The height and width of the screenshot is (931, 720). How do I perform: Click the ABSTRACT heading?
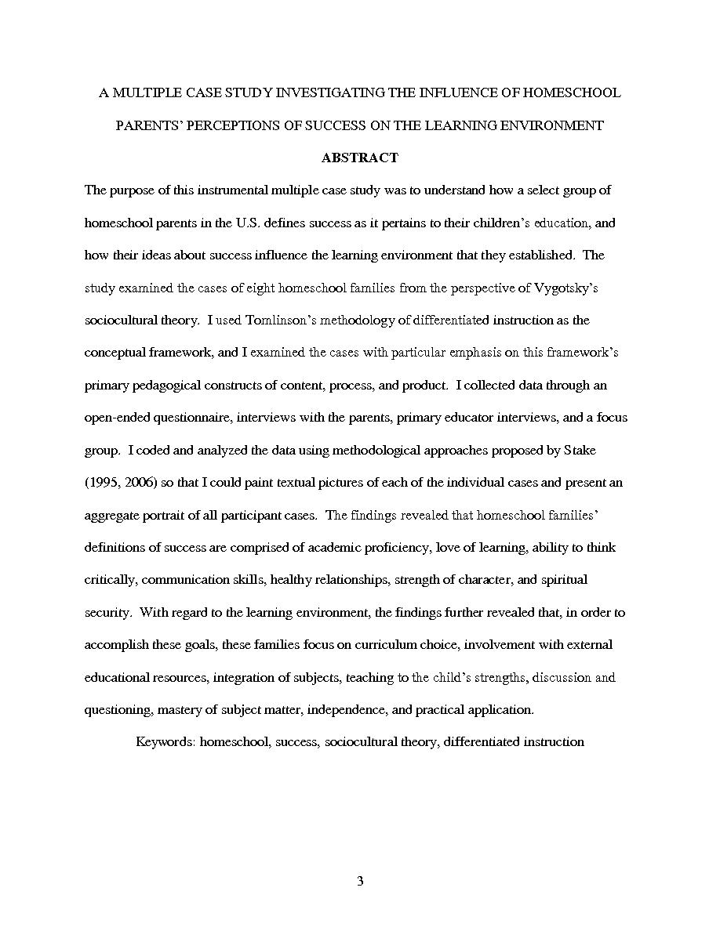360,158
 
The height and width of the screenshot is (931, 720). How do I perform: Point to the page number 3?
360,882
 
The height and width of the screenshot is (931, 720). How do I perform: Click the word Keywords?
164,741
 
